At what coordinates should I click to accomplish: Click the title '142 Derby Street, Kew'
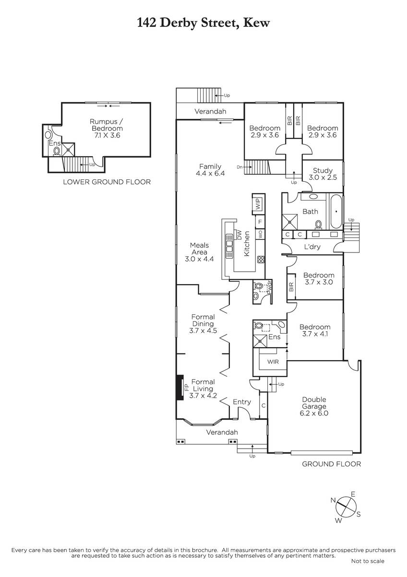coord(203,23)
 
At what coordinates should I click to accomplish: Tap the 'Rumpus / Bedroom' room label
coord(106,125)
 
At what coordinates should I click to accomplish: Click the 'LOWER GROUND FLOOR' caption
coord(107,182)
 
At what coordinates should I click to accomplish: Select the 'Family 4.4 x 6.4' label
coord(210,170)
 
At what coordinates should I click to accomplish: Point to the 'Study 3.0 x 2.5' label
coord(323,174)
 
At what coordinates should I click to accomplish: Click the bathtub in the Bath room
coord(336,212)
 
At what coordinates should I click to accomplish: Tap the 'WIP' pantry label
coord(258,204)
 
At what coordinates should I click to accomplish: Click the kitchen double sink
coord(229,246)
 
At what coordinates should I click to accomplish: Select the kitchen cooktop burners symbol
coord(261,259)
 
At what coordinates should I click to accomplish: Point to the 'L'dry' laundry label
coord(312,247)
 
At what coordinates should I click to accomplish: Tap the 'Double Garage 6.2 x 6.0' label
coord(314,406)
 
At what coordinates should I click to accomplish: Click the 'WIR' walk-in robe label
coord(273,362)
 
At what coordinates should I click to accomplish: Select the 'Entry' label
coord(242,402)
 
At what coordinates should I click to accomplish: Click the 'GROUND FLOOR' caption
coord(332,464)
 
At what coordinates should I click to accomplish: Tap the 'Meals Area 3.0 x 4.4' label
coord(199,252)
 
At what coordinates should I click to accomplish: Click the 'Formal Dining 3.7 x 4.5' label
coord(203,324)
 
